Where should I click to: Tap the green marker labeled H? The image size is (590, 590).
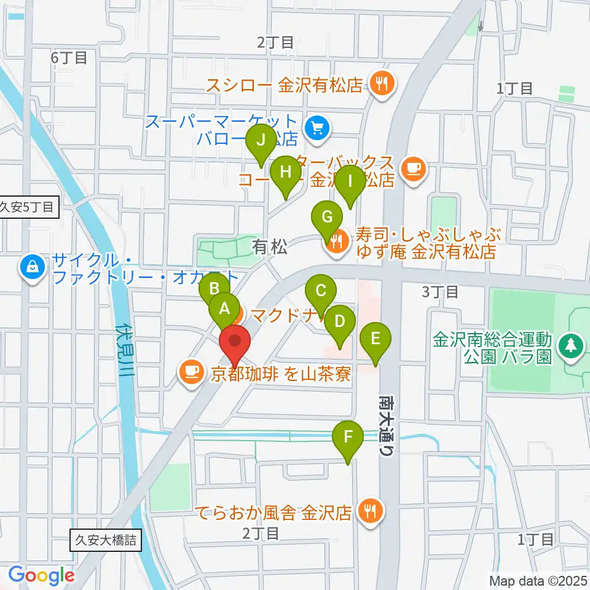tap(285, 173)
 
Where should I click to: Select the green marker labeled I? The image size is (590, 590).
tap(350, 182)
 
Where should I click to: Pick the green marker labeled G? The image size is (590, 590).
tap(327, 218)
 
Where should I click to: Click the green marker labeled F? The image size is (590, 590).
tap(348, 438)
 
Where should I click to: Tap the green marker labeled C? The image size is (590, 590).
tap(321, 291)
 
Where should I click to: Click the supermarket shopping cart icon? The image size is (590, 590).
tap(317, 128)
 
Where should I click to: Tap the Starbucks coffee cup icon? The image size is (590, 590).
tap(414, 167)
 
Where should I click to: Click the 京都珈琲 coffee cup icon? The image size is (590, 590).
tap(192, 371)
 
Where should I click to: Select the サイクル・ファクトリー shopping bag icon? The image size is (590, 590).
tap(31, 267)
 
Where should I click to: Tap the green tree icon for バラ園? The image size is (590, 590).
tap(572, 344)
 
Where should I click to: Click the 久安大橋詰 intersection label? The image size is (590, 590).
tap(106, 541)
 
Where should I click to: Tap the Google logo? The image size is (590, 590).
tap(41, 575)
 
